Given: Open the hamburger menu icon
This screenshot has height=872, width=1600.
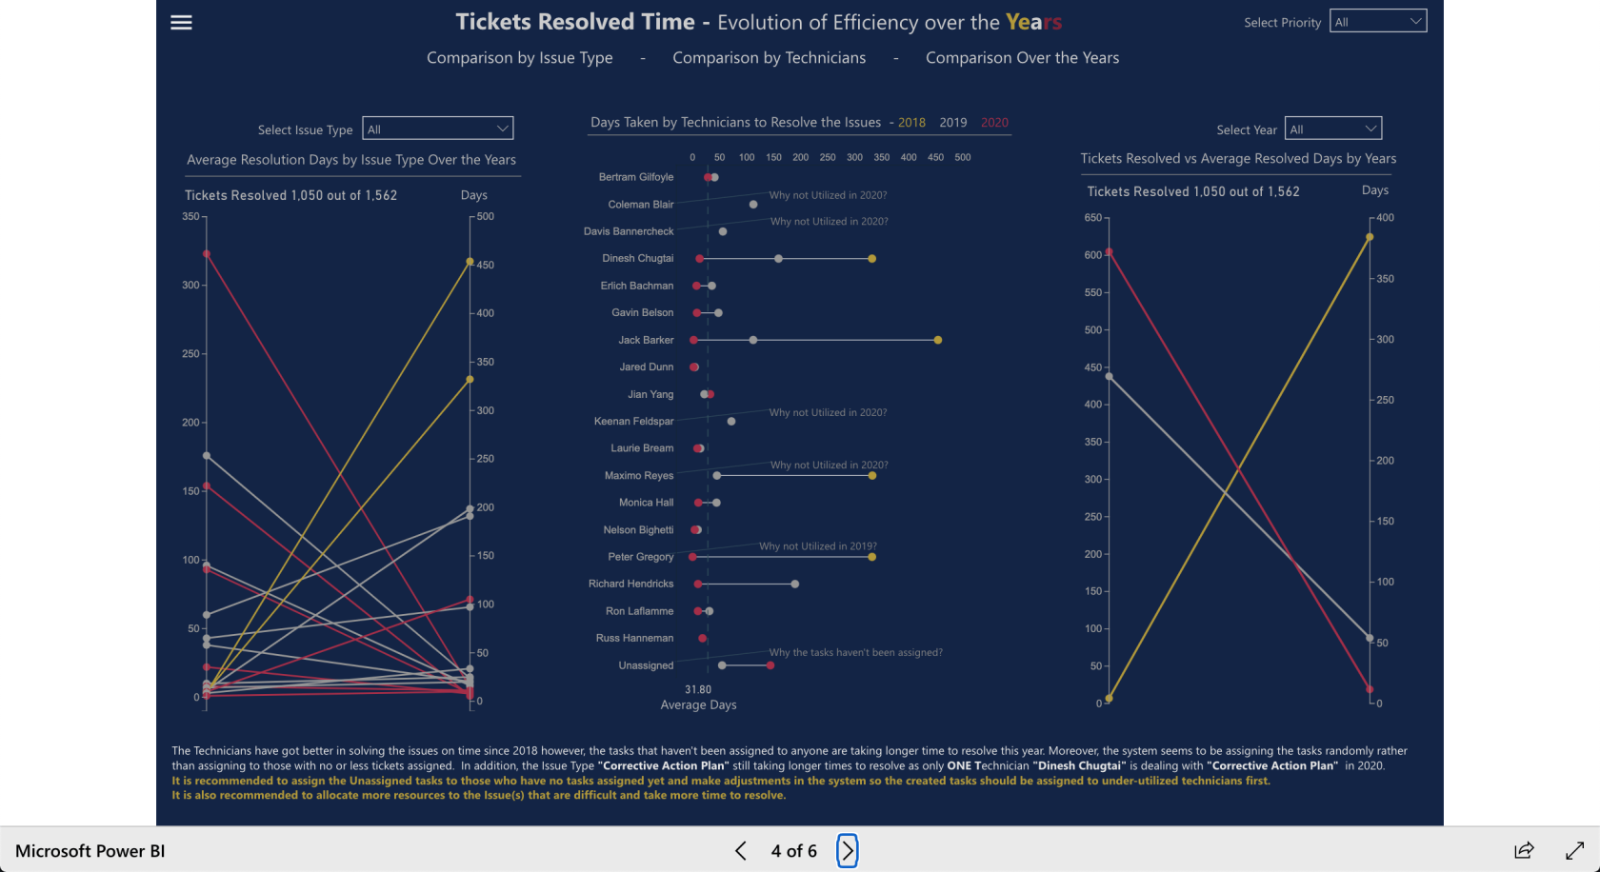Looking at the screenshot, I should [x=181, y=23].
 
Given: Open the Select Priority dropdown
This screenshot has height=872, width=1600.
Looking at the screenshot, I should [x=1377, y=22].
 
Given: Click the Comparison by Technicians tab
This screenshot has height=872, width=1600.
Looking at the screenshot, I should [x=769, y=58].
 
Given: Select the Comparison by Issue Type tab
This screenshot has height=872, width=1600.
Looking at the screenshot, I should [x=519, y=58].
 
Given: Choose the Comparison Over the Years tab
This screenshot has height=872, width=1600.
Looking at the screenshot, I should [x=1022, y=58].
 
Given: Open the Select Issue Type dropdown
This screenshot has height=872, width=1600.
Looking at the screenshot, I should [x=438, y=129].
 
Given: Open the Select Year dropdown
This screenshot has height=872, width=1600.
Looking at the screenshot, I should [x=1332, y=129].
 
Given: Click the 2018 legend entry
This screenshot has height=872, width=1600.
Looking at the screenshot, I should [x=910, y=123].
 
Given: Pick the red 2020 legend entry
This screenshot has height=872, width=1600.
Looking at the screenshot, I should [x=994, y=123].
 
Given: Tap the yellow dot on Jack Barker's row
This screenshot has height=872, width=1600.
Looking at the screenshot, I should [x=938, y=340].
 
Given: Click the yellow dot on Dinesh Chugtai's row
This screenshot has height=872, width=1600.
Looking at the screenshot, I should [x=872, y=259].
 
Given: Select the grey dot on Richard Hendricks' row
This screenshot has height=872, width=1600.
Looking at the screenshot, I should [x=795, y=585].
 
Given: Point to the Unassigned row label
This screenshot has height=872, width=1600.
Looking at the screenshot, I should [x=646, y=665].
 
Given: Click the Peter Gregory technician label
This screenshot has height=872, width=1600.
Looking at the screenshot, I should [x=640, y=557].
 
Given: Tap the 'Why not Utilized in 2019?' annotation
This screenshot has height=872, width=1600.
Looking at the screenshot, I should [x=817, y=546].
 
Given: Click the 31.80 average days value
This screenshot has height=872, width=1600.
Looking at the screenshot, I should [x=698, y=689].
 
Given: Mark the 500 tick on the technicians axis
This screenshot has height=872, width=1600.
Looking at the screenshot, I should [x=963, y=158].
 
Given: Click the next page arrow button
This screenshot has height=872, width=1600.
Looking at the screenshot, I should [x=847, y=851].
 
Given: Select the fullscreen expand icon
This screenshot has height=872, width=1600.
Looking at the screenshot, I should [x=1574, y=851].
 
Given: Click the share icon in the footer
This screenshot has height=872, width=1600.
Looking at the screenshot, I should [x=1524, y=851].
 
